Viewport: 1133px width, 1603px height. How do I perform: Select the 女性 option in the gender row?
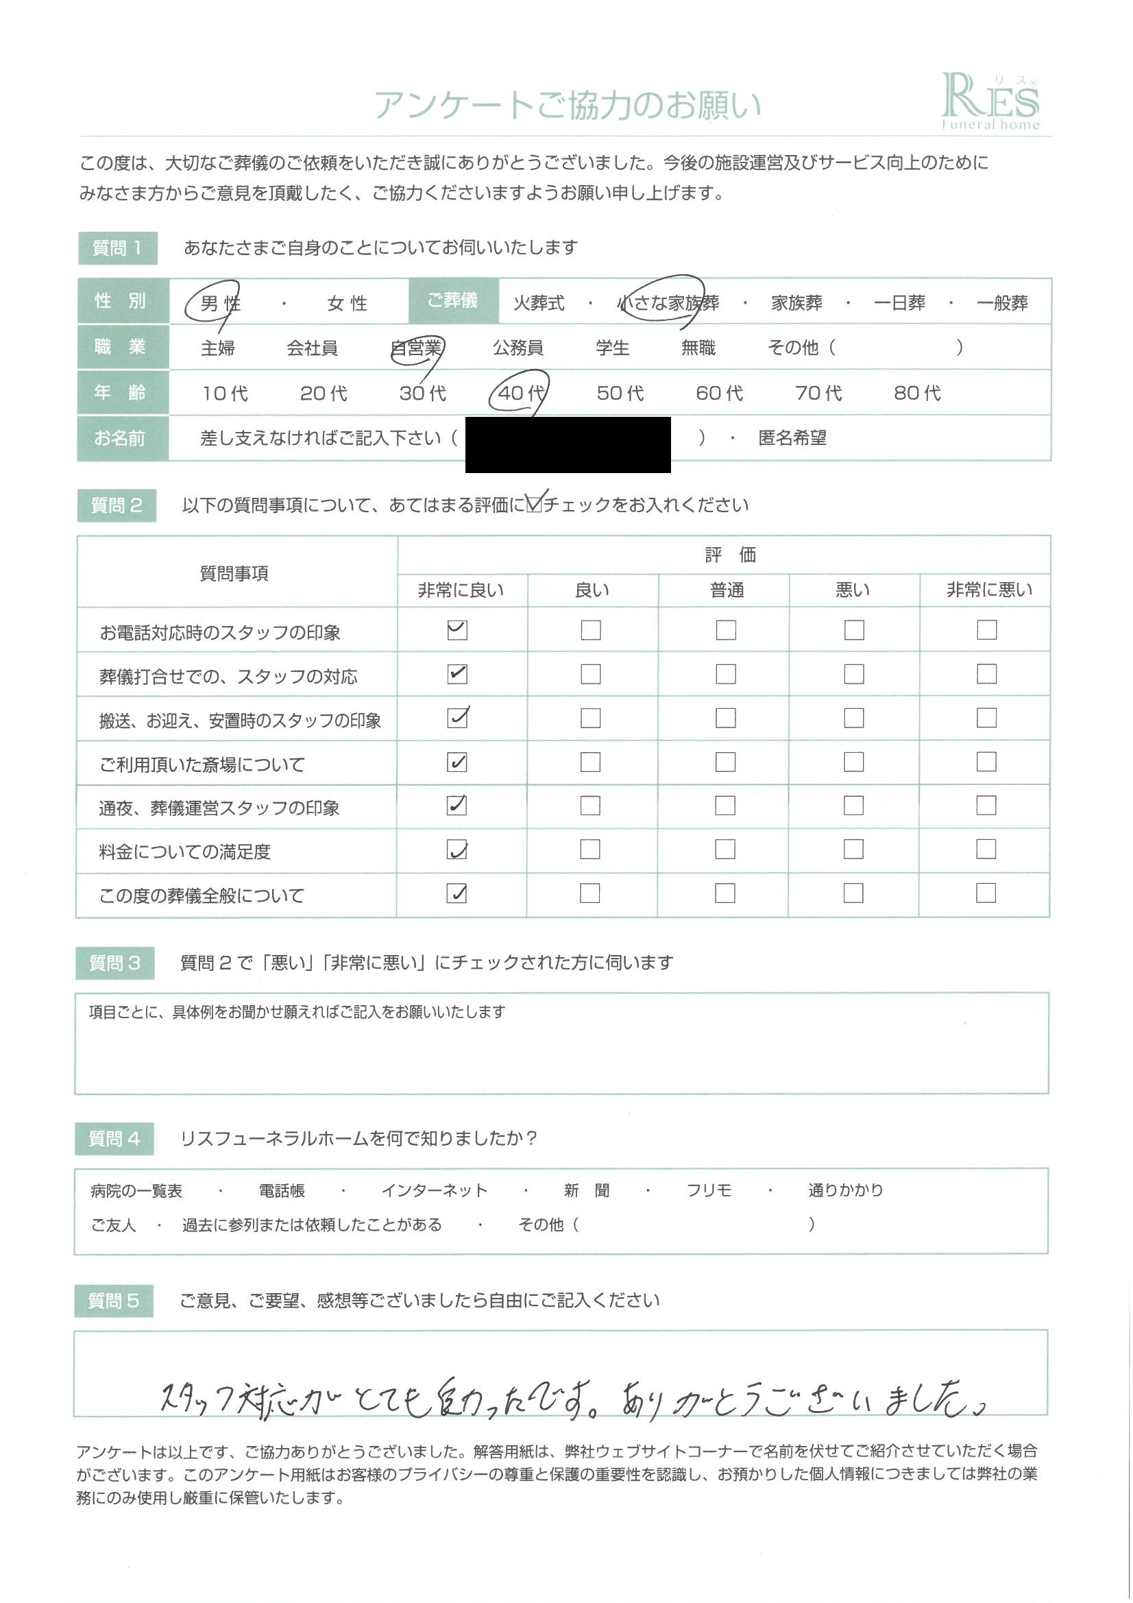coord(347,304)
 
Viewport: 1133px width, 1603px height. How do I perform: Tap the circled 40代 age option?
coord(520,393)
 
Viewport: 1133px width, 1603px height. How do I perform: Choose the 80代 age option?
coord(916,393)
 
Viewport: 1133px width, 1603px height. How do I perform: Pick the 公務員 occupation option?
coord(518,348)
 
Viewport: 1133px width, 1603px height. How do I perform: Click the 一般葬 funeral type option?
coord(1002,304)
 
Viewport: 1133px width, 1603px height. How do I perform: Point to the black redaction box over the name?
coord(568,444)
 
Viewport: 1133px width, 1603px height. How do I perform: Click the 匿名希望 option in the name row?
coord(792,438)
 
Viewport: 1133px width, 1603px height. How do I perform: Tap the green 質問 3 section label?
coord(115,963)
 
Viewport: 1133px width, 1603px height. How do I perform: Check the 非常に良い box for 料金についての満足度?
coord(456,849)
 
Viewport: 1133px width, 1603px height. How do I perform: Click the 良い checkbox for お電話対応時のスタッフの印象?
coord(591,631)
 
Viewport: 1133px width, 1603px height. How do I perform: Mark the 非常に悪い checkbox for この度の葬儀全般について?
coord(986,893)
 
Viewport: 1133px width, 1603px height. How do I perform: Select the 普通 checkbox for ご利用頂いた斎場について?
coord(725,762)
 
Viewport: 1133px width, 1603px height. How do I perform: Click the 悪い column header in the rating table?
coord(853,590)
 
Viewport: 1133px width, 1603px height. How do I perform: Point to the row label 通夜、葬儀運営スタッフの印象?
coord(219,808)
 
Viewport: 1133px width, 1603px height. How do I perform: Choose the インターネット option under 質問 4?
coord(434,1190)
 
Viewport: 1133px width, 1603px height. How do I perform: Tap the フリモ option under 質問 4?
coord(709,1190)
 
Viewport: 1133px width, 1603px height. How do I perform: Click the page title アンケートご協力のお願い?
coord(567,106)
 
